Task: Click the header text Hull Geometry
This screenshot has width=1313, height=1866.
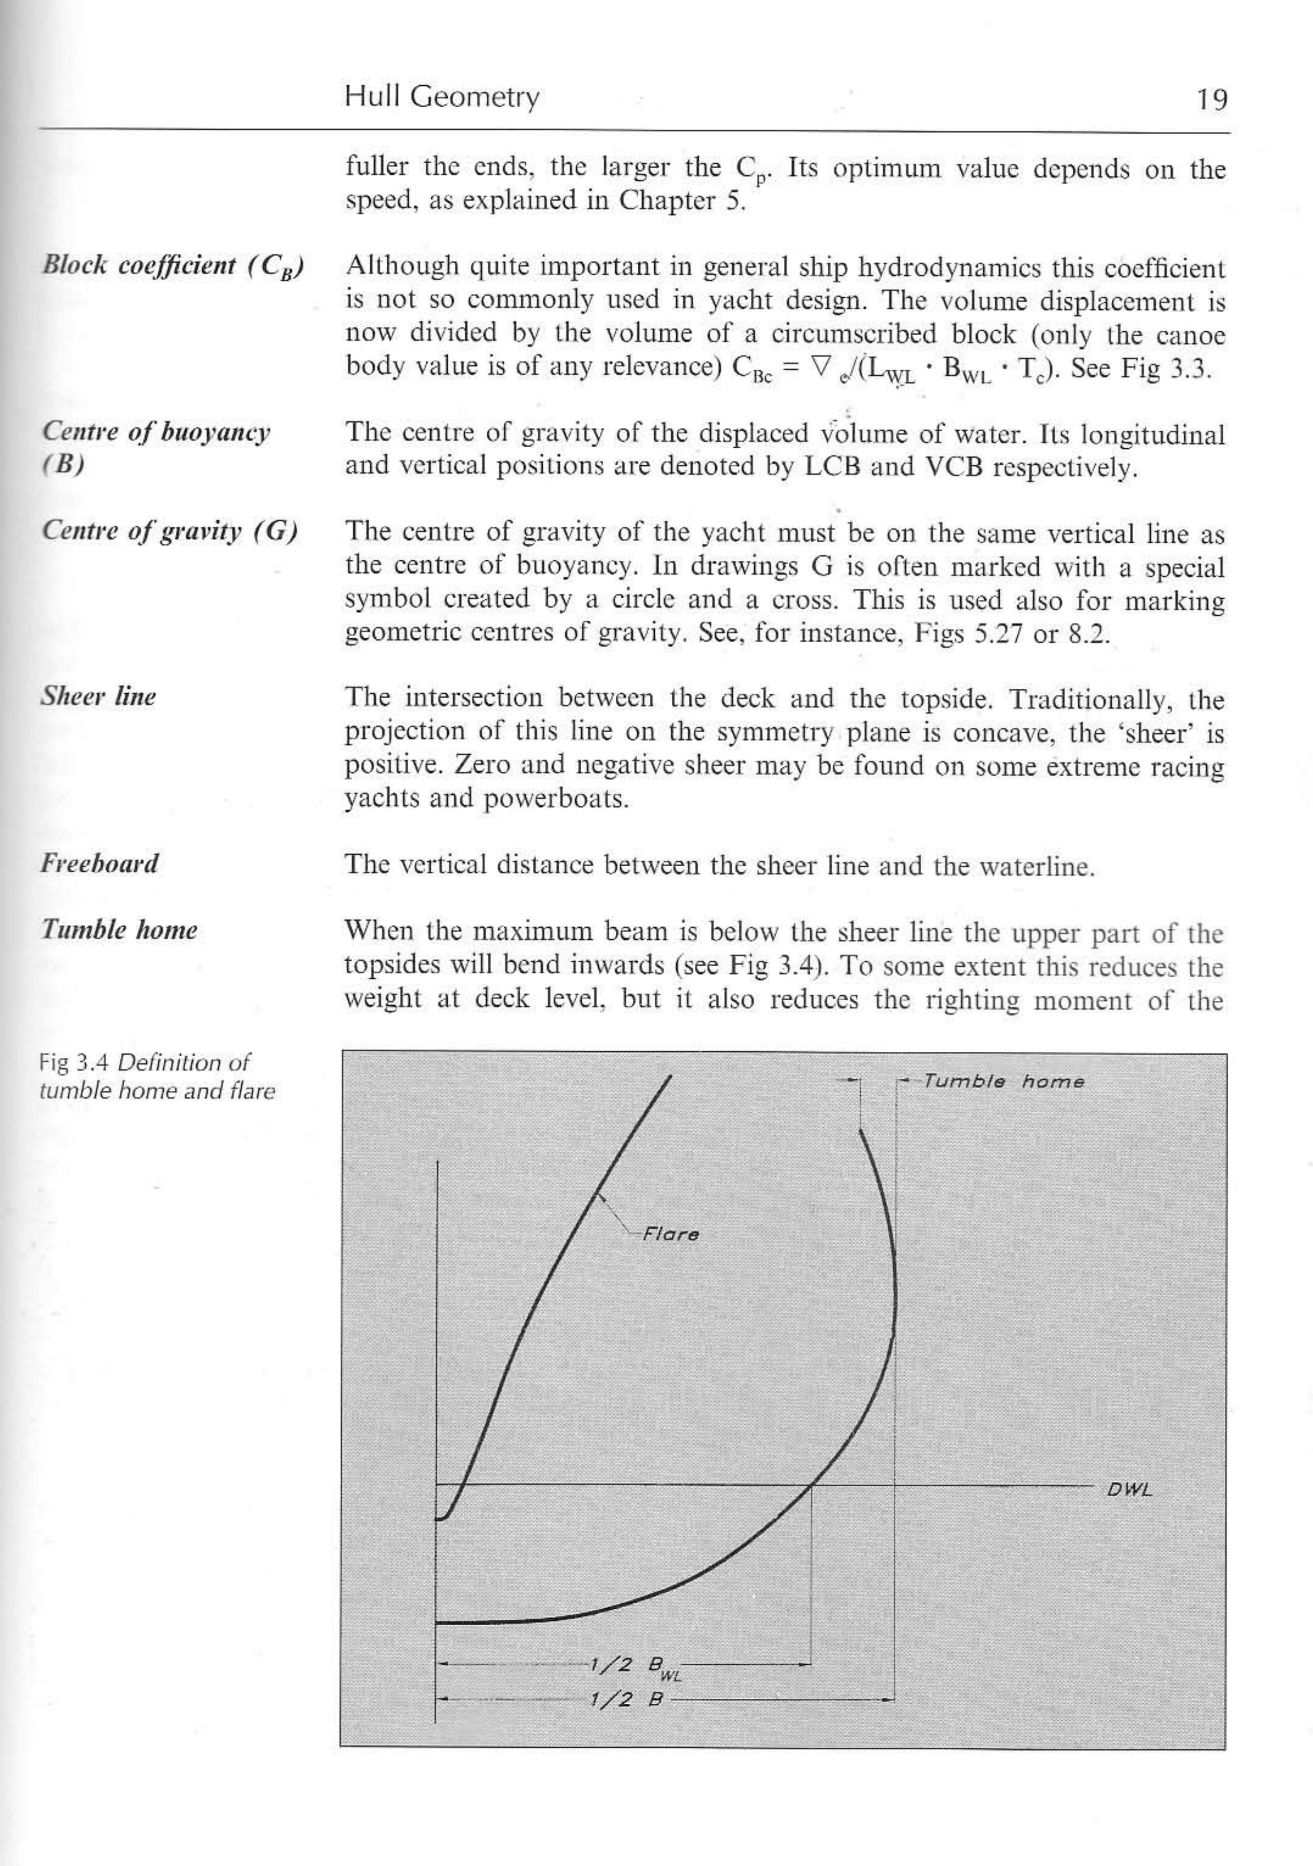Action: [x=441, y=97]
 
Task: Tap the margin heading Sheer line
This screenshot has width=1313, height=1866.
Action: [x=98, y=697]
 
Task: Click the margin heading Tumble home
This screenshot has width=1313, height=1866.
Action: [x=119, y=930]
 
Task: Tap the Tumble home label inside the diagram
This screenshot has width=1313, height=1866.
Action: [x=1004, y=1082]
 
